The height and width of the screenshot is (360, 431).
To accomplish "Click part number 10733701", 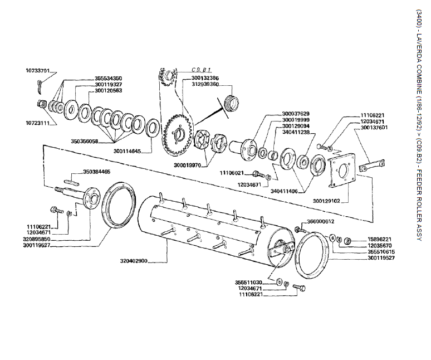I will pyautogui.click(x=38, y=71).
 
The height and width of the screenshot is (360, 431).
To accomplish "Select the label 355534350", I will pyautogui.click(x=108, y=78).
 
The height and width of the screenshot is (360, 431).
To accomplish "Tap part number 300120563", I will pyautogui.click(x=108, y=90).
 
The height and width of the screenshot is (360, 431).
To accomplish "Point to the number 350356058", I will pyautogui.click(x=85, y=142).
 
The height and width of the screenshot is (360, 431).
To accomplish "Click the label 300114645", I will pyautogui.click(x=127, y=151).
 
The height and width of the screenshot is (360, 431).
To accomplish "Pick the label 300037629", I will pyautogui.click(x=295, y=114).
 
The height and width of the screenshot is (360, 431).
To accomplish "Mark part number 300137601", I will pyautogui.click(x=374, y=127).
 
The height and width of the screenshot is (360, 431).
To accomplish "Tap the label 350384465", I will pyautogui.click(x=96, y=172).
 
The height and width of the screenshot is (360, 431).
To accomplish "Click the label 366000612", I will pyautogui.click(x=321, y=221).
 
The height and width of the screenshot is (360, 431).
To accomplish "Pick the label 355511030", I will pyautogui.click(x=248, y=282).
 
